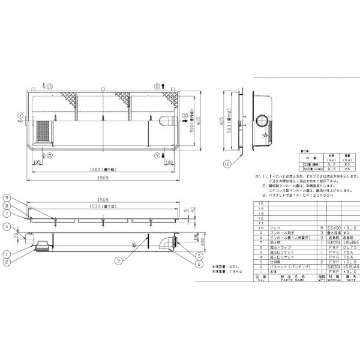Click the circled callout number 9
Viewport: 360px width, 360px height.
(x=22, y=198)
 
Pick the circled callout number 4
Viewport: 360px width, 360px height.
(x=22, y=226)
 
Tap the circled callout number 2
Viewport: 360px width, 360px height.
(x=22, y=262)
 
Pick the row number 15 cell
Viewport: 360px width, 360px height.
(x=261, y=205)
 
